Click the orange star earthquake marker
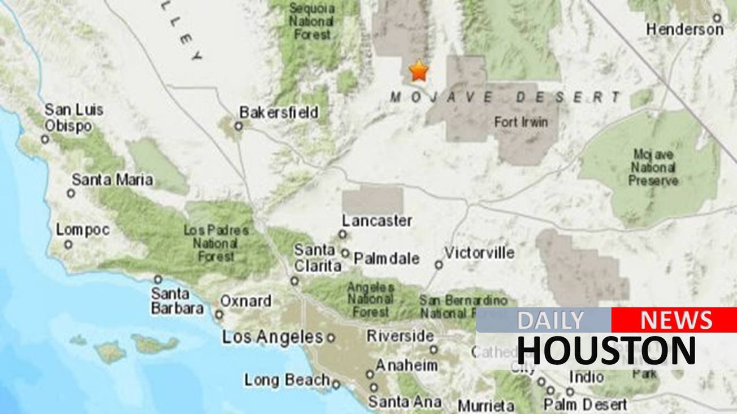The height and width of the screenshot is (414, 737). click(419, 71)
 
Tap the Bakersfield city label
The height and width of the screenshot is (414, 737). click(279, 112)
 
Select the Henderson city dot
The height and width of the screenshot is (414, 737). click(717, 18)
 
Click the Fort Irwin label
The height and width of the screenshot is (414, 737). click(521, 121)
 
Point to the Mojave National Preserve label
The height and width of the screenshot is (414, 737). click(653, 167)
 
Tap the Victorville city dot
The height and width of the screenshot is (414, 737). click(439, 264)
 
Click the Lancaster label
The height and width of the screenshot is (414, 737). click(377, 221)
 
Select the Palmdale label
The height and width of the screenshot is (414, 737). click(387, 259)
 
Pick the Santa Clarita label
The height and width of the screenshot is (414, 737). click(317, 258)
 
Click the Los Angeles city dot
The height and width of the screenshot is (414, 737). click(331, 338)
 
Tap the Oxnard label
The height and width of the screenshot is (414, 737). click(245, 301)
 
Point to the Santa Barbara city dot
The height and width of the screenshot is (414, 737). click(158, 279)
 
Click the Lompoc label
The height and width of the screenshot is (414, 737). click(83, 230)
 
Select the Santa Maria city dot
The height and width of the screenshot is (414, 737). click(71, 193)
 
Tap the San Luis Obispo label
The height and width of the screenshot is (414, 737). click(73, 117)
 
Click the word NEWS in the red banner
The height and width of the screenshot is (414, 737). click(676, 320)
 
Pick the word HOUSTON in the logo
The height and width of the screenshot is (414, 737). click(606, 350)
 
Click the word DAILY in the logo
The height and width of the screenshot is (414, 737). click(550, 320)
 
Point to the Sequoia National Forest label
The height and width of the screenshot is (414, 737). click(312, 21)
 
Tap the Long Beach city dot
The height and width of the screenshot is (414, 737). click(336, 385)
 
